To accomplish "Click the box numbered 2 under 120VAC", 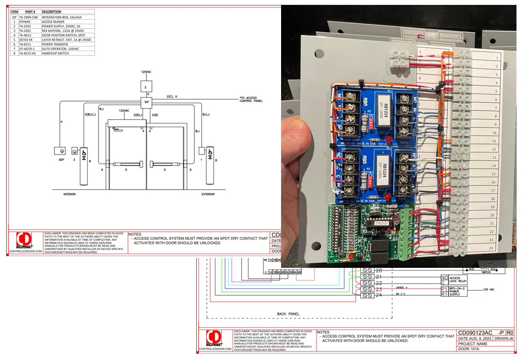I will pyautogui.click(x=146, y=86).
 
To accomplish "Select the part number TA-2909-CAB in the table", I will pyautogui.click(x=29, y=18).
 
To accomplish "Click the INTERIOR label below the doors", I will pyautogui.click(x=69, y=194).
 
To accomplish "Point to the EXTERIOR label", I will pyautogui.click(x=208, y=194).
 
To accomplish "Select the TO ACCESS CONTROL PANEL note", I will pyautogui.click(x=251, y=99).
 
